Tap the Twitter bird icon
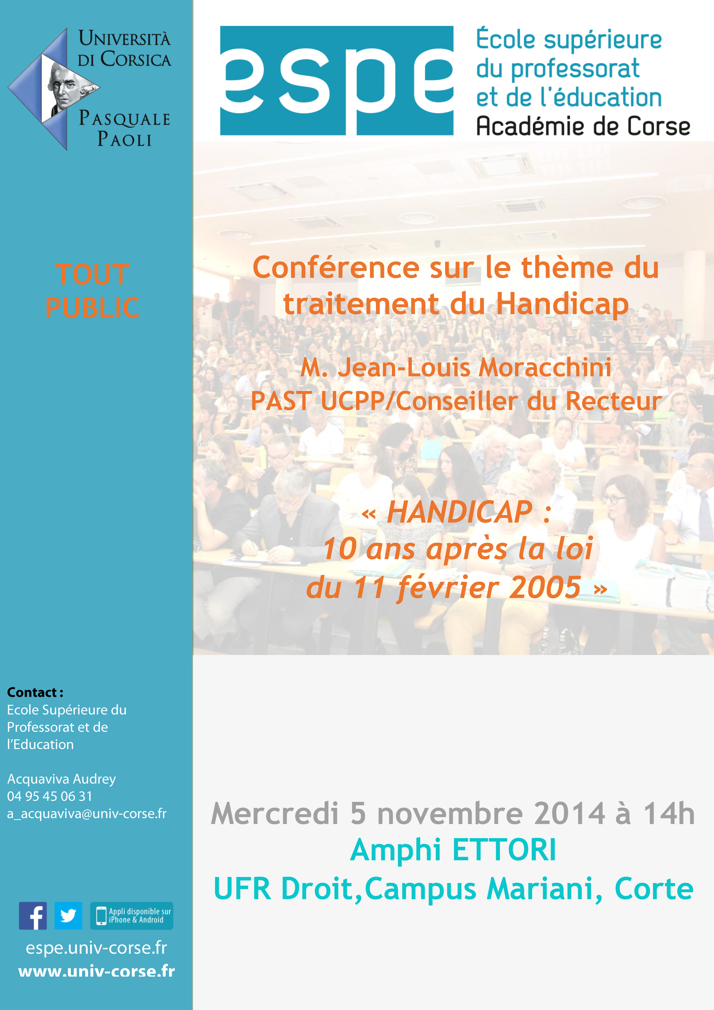pyautogui.click(x=68, y=916)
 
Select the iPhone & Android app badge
pyautogui.click(x=132, y=916)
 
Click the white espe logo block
pyautogui.click(x=337, y=81)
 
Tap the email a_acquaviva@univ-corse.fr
pyautogui.click(x=87, y=814)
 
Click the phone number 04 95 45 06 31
pyautogui.click(x=50, y=796)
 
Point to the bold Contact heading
pyautogui.click(x=35, y=692)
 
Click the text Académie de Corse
pyautogui.click(x=583, y=126)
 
